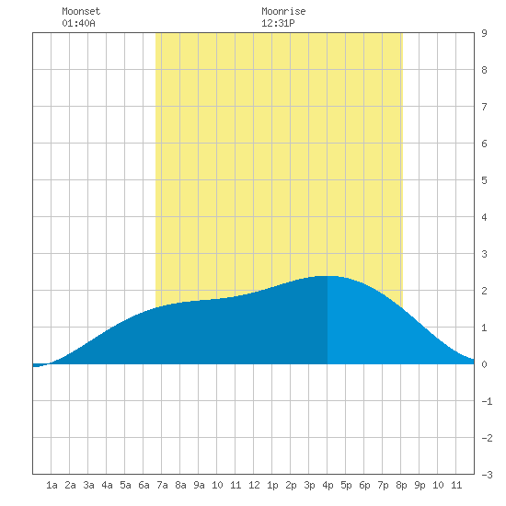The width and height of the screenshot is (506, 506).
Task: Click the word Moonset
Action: pyautogui.click(x=81, y=11)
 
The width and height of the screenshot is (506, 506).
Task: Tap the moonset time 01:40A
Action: pyautogui.click(x=78, y=23)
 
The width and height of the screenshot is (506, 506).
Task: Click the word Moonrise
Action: pyautogui.click(x=283, y=11)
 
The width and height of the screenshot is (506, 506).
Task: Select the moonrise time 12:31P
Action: pyautogui.click(x=278, y=23)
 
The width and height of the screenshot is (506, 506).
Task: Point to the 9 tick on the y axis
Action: pyautogui.click(x=484, y=33)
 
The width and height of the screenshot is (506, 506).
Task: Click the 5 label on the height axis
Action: pyautogui.click(x=484, y=180)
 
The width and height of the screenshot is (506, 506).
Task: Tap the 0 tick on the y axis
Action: pyautogui.click(x=484, y=364)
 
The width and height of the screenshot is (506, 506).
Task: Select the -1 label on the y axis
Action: pyautogui.click(x=487, y=401)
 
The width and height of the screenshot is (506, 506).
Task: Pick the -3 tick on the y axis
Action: pyautogui.click(x=487, y=475)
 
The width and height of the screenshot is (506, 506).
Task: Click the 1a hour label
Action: pyautogui.click(x=52, y=485)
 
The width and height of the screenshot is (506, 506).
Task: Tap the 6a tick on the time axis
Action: pyautogui.click(x=144, y=485)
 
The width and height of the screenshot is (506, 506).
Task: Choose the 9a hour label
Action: pyautogui.click(x=199, y=485)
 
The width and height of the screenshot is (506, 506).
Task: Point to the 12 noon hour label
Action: pyautogui.click(x=254, y=485)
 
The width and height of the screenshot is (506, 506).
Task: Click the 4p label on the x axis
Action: pyautogui.click(x=328, y=485)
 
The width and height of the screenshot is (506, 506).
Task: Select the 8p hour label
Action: pyautogui.click(x=401, y=485)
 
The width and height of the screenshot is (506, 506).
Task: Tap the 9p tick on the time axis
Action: pyautogui.click(x=420, y=485)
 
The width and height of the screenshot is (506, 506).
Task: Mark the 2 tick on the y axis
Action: pyautogui.click(x=484, y=291)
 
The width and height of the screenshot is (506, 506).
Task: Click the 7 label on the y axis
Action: pyautogui.click(x=484, y=107)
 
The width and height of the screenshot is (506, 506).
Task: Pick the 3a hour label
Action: pyautogui.click(x=88, y=485)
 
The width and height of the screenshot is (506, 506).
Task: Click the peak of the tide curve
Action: pyautogui.click(x=328, y=276)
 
